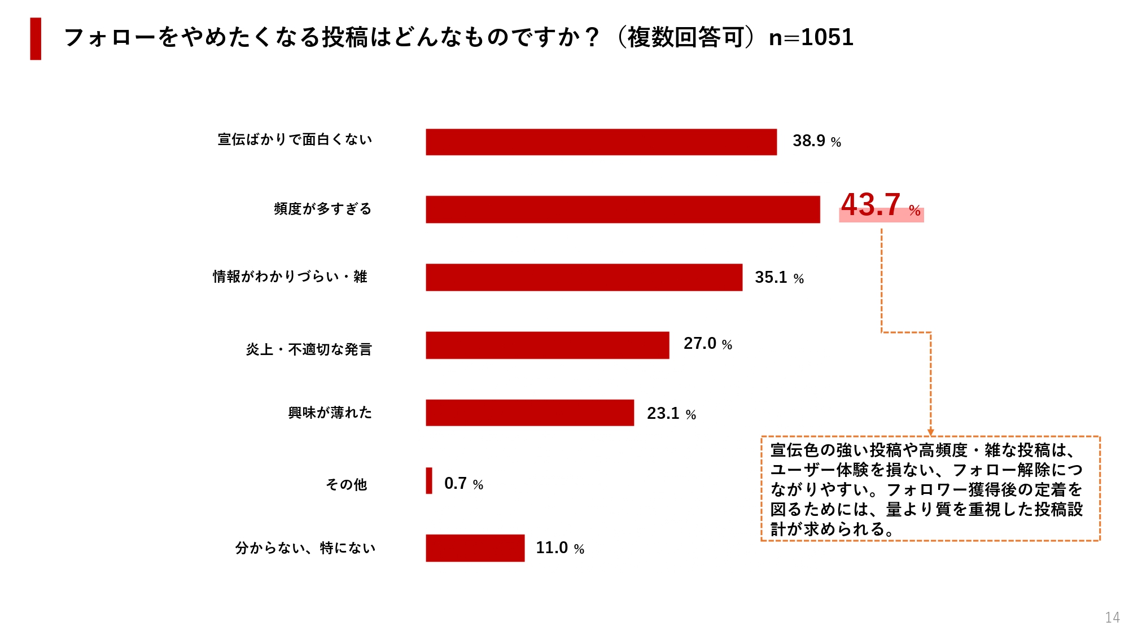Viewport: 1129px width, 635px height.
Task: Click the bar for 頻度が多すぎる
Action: point(623,209)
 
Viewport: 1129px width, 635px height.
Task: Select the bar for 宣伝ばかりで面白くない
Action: point(601,142)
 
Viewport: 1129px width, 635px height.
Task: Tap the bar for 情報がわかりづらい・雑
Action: point(584,277)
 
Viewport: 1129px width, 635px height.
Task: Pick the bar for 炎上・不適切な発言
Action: point(547,345)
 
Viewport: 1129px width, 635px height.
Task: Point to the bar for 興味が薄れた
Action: point(530,413)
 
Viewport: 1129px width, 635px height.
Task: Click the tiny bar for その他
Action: point(429,481)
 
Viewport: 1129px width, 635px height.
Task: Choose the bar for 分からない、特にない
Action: point(475,548)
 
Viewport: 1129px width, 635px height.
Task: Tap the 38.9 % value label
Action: point(816,141)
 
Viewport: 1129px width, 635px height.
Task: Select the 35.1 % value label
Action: point(779,277)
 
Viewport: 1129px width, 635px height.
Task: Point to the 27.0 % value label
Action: point(707,344)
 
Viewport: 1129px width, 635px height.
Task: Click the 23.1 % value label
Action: point(671,414)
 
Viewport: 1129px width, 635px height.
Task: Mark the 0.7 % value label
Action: point(463,484)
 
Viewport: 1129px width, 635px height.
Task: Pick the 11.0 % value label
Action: point(559,548)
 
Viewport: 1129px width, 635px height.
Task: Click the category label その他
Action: point(346,484)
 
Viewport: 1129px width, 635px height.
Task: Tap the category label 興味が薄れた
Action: point(330,413)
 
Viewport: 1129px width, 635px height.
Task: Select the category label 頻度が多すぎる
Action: point(322,209)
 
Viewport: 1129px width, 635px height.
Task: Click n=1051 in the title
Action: point(811,38)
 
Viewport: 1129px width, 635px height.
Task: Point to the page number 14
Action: point(1112,618)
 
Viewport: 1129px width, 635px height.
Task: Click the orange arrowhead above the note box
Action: point(931,432)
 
